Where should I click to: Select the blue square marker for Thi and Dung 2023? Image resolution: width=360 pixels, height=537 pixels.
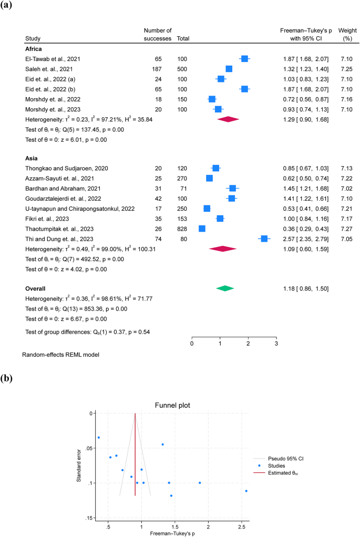(x=264, y=239)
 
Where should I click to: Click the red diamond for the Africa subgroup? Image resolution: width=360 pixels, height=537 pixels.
(x=228, y=119)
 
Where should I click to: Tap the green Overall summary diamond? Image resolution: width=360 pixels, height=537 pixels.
(x=225, y=288)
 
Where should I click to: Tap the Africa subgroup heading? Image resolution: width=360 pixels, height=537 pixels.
(x=34, y=48)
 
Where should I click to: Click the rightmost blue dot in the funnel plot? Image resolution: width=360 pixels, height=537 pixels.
(x=246, y=491)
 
